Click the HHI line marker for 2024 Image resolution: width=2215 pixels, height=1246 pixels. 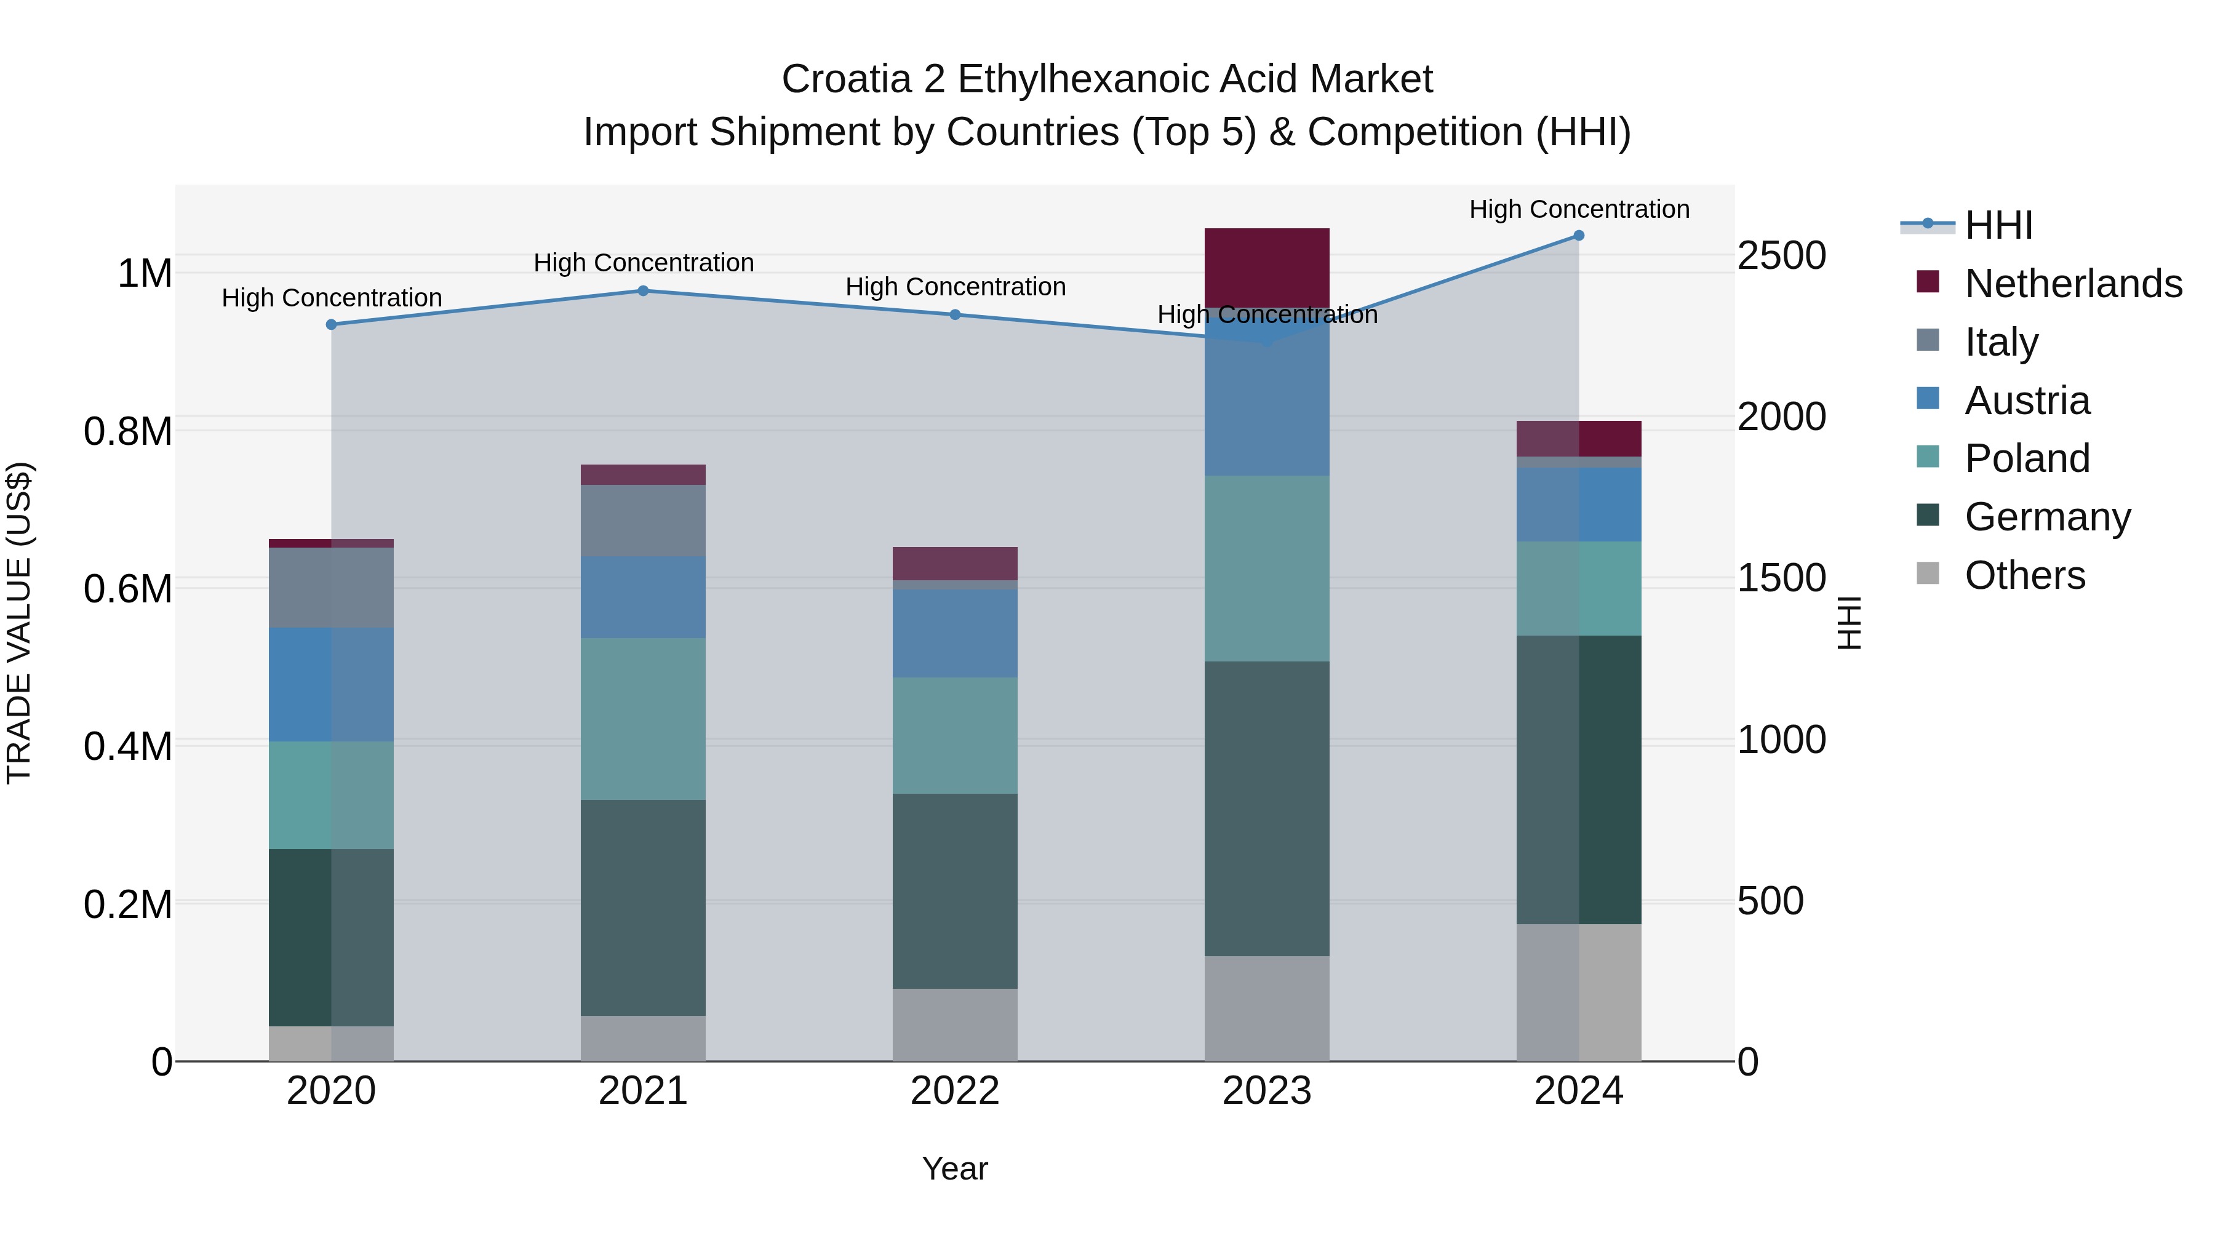click(x=1579, y=236)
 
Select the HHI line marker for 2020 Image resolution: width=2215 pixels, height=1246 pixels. click(x=331, y=324)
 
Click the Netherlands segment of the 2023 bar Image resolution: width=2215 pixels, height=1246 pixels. click(x=1267, y=266)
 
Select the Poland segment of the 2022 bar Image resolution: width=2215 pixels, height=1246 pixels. click(x=954, y=735)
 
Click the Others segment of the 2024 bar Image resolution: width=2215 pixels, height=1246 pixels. click(x=1579, y=992)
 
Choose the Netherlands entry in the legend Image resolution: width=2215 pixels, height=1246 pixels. click(x=2072, y=284)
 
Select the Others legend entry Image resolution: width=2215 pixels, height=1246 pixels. click(x=2024, y=575)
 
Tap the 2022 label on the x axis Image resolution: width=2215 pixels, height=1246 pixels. click(x=954, y=1092)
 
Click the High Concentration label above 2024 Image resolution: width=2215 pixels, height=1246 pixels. click(x=1579, y=209)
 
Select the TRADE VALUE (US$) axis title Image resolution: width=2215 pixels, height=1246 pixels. click(x=19, y=623)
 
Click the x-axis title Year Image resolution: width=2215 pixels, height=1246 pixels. click(x=954, y=1170)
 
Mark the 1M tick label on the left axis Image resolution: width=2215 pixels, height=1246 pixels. click(x=145, y=274)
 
